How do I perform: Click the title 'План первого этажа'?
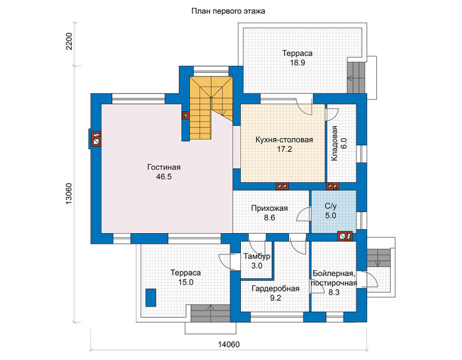pyautogui.click(x=228, y=11)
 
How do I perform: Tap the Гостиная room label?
pyautogui.click(x=164, y=168)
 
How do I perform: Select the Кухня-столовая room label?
pyautogui.click(x=284, y=140)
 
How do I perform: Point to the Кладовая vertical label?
pyautogui.click(x=334, y=143)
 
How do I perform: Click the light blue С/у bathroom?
pyautogui.click(x=333, y=211)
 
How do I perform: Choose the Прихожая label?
pyautogui.click(x=269, y=209)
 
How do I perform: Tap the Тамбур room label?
pyautogui.click(x=257, y=256)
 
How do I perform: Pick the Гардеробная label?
pyautogui.click(x=275, y=289)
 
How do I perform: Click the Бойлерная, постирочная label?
pyautogui.click(x=334, y=278)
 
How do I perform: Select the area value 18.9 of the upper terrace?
pyautogui.click(x=297, y=63)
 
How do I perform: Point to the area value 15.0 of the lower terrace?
pyautogui.click(x=185, y=282)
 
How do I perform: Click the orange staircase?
pyautogui.click(x=211, y=108)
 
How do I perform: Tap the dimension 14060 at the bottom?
pyautogui.click(x=229, y=344)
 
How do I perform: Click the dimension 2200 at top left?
pyautogui.click(x=69, y=41)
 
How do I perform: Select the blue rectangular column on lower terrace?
pyautogui.click(x=150, y=298)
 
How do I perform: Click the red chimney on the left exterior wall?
pyautogui.click(x=96, y=139)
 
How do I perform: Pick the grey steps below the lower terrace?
pyautogui.click(x=211, y=313)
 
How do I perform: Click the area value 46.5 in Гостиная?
pyautogui.click(x=164, y=177)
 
